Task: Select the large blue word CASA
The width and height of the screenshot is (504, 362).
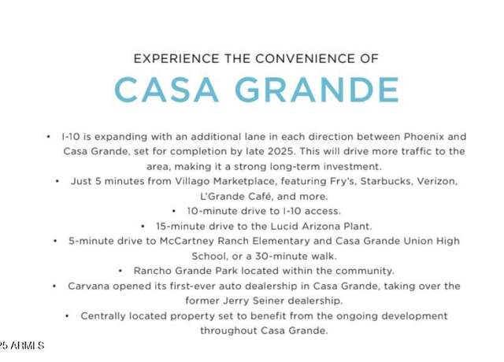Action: tap(166, 90)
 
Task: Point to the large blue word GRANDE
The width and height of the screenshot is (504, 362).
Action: tap(317, 90)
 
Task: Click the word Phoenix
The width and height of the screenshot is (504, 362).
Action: tap(424, 137)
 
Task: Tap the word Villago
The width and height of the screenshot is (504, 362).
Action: tap(192, 182)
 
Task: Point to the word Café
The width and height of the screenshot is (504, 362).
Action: tap(260, 196)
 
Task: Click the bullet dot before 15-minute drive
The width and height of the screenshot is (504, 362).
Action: tap(143, 227)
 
